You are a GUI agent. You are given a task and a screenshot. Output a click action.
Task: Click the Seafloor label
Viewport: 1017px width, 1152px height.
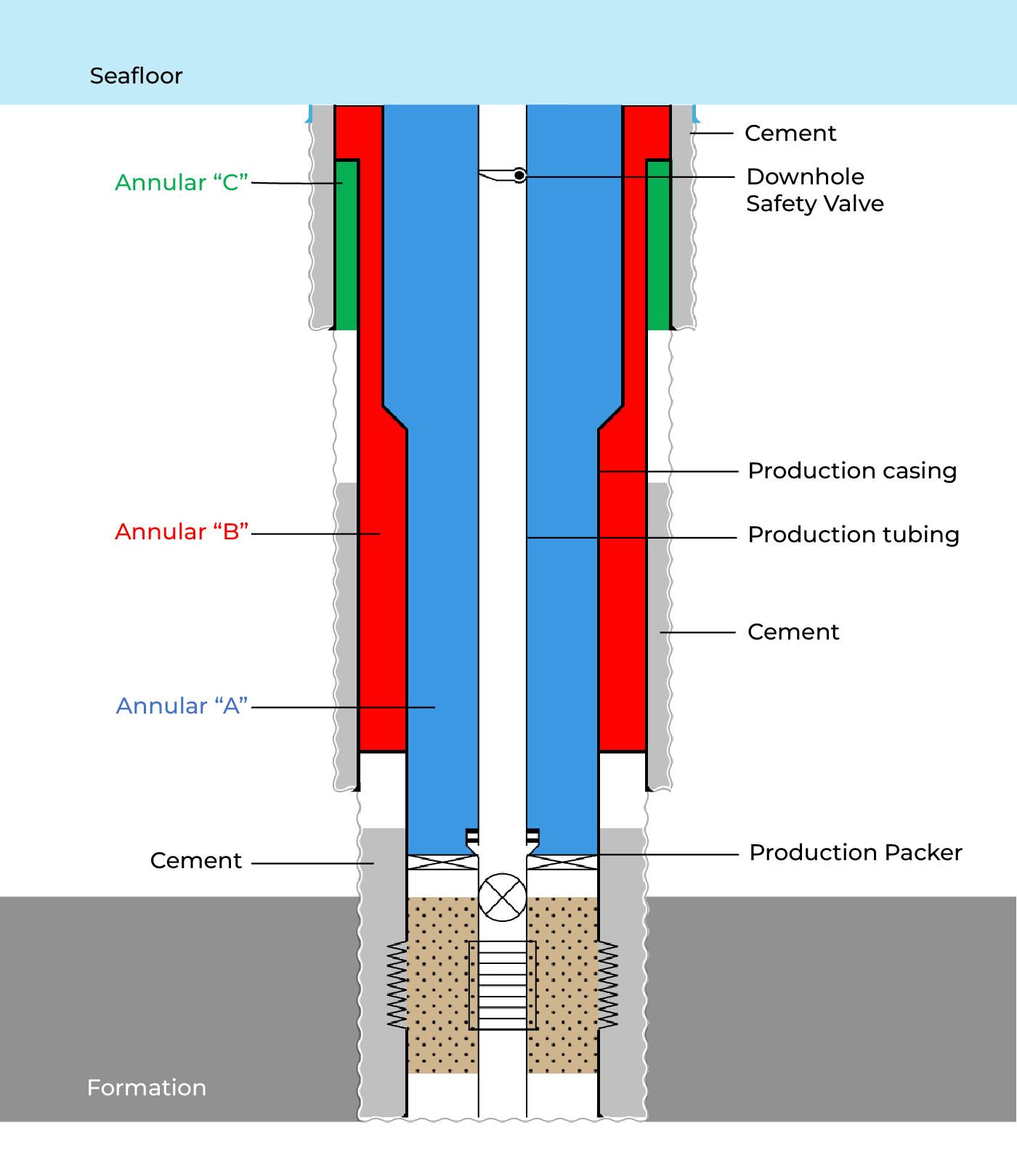pyautogui.click(x=136, y=75)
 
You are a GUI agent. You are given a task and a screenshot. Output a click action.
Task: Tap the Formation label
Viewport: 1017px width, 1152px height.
pyautogui.click(x=146, y=1087)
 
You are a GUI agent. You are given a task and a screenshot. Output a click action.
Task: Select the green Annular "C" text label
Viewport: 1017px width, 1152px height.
pyautogui.click(x=182, y=182)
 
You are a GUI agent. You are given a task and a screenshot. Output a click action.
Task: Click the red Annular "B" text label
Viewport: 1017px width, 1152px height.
pyautogui.click(x=182, y=531)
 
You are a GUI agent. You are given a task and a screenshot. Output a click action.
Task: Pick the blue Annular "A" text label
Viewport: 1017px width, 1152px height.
pyautogui.click(x=182, y=706)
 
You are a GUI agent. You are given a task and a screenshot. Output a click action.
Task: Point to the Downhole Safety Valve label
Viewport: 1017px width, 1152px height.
pyautogui.click(x=814, y=189)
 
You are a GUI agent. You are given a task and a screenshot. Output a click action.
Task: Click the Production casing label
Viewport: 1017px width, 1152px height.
pyautogui.click(x=852, y=470)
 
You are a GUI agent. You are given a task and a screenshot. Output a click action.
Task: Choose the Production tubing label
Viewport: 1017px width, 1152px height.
pyautogui.click(x=854, y=534)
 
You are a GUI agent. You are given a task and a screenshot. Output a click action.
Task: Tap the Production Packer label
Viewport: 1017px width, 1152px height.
pyautogui.click(x=855, y=852)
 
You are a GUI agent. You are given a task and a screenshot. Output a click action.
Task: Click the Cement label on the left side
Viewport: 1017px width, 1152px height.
pyautogui.click(x=195, y=860)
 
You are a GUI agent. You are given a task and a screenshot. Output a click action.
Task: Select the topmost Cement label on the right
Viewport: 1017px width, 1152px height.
pyautogui.click(x=790, y=133)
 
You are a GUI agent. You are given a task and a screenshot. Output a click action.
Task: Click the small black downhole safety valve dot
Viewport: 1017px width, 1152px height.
pyautogui.click(x=519, y=176)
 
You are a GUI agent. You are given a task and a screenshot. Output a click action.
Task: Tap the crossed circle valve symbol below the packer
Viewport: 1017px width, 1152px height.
pyautogui.click(x=502, y=896)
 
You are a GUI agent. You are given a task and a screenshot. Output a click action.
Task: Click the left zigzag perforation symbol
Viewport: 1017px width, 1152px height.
pyautogui.click(x=397, y=985)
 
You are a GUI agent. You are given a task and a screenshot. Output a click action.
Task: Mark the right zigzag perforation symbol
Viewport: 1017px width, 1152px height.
pyautogui.click(x=607, y=985)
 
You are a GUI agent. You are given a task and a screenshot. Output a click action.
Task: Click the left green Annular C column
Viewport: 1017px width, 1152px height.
pyautogui.click(x=347, y=245)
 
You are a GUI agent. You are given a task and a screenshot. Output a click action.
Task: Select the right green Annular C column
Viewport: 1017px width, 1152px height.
pyautogui.click(x=658, y=245)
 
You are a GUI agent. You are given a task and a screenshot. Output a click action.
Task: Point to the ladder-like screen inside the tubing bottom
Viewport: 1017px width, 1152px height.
pyautogui.click(x=502, y=985)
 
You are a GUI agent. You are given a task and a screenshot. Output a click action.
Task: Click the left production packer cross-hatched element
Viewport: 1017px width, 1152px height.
pyautogui.click(x=442, y=862)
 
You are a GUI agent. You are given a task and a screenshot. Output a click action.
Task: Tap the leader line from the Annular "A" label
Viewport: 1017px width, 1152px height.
pyautogui.click(x=341, y=707)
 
